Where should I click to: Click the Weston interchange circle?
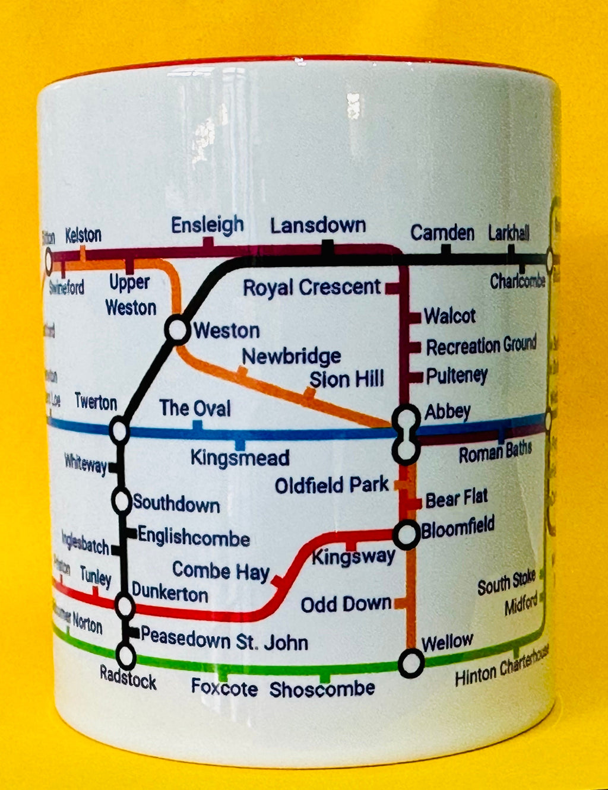tap(177, 330)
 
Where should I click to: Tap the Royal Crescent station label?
tap(312, 288)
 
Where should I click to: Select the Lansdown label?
tap(318, 226)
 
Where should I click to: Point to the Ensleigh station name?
tap(207, 224)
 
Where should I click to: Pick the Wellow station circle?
tap(411, 662)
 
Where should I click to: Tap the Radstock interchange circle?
tap(126, 656)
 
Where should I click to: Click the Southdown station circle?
tap(121, 502)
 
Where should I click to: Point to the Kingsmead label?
tap(240, 458)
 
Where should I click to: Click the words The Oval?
tap(195, 408)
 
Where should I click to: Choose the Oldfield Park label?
tap(331, 486)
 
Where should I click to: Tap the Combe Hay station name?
tap(220, 571)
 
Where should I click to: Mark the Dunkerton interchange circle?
tap(125, 606)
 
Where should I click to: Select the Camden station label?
tap(442, 233)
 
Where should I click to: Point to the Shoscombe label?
tap(322, 689)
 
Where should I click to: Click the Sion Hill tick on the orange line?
tap(309, 393)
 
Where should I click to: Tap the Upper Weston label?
tap(131, 295)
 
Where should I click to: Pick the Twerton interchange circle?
tap(119, 430)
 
